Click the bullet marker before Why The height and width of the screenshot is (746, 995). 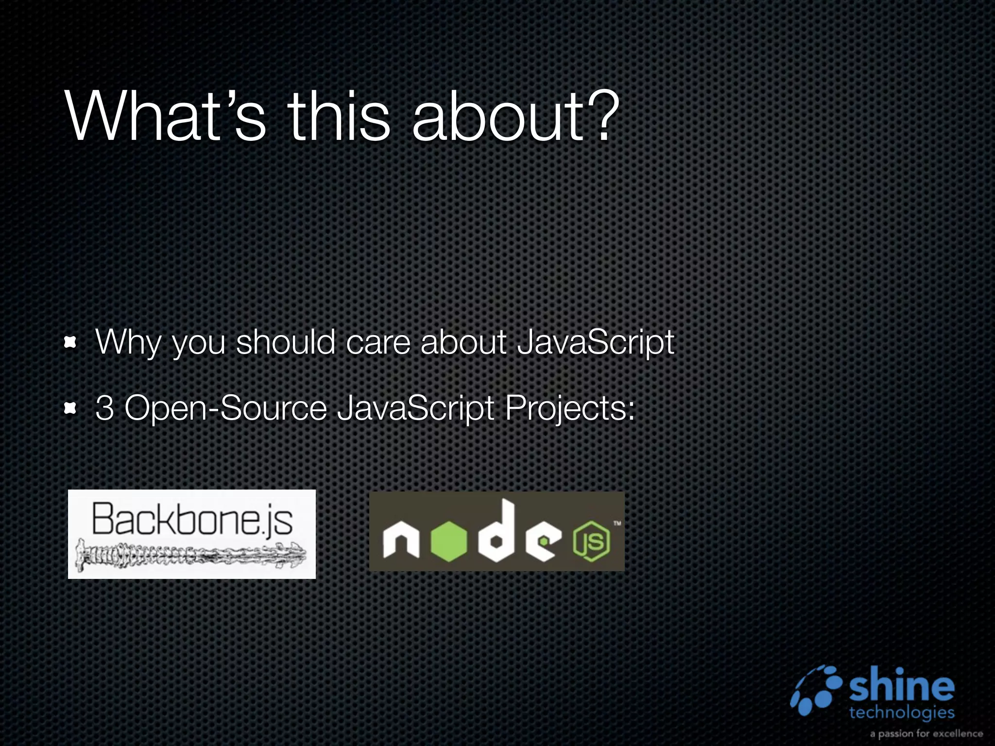click(x=71, y=343)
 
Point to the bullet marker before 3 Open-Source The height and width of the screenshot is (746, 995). click(x=71, y=409)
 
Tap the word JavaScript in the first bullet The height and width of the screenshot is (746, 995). click(x=596, y=343)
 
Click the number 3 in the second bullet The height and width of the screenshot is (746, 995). click(x=104, y=408)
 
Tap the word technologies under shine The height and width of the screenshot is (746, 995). click(x=902, y=712)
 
